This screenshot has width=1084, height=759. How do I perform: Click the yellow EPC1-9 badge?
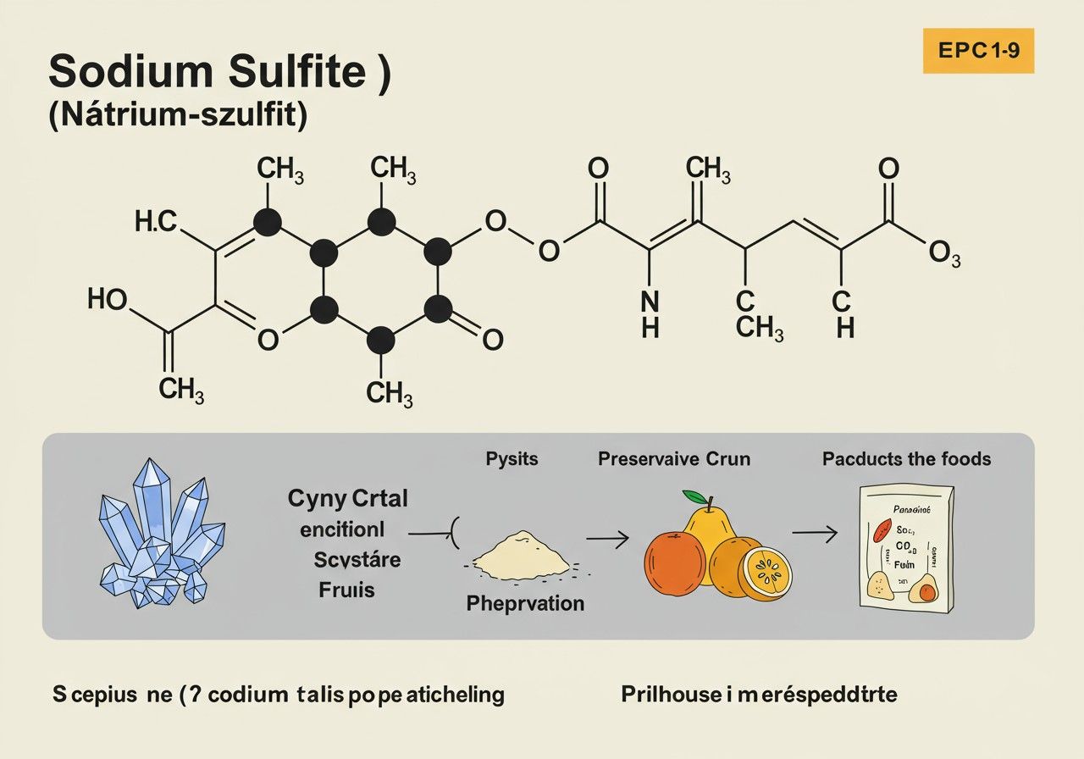point(978,50)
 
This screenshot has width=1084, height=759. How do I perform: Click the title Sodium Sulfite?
point(219,73)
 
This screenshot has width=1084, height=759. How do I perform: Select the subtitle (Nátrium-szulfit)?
point(176,116)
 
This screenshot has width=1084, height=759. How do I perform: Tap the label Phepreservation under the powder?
point(525,603)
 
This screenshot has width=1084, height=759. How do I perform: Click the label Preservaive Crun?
point(673,459)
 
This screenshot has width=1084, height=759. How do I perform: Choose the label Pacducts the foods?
point(906,459)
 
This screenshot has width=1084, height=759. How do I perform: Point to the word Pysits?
point(512,459)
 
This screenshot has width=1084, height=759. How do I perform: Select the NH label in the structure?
point(650,313)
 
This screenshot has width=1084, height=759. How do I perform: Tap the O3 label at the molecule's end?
point(944,254)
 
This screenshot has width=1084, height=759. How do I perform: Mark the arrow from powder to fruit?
point(607,538)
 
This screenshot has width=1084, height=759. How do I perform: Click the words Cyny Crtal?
point(347,499)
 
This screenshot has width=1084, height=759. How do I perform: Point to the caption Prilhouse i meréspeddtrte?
point(759,695)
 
